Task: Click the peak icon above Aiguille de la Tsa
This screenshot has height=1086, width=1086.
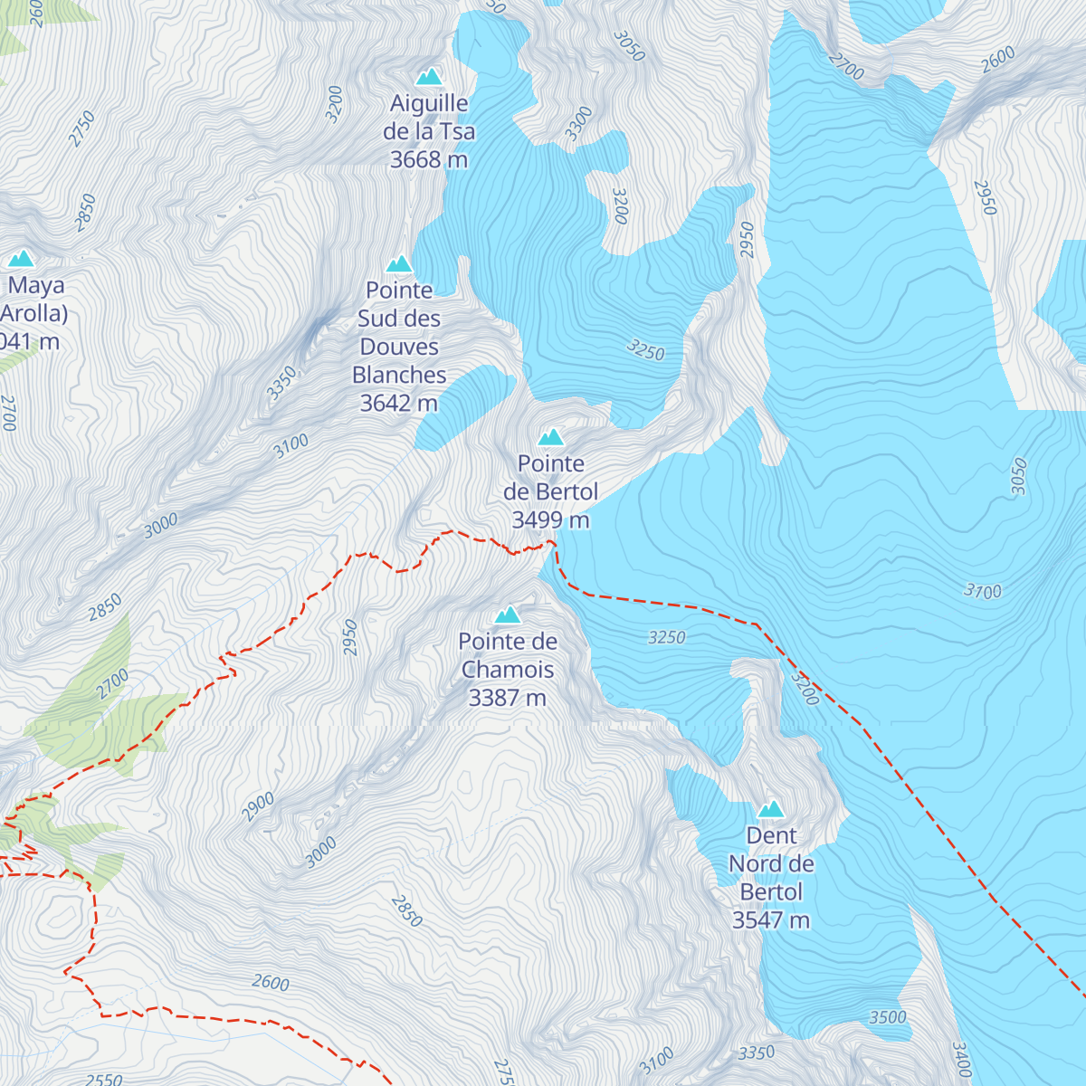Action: coord(429,77)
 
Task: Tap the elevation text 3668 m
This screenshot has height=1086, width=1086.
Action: coord(429,160)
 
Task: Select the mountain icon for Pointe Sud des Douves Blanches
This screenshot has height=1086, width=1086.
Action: coord(399,264)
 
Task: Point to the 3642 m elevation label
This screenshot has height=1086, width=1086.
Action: coord(399,404)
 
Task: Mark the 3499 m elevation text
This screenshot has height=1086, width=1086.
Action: coord(550,520)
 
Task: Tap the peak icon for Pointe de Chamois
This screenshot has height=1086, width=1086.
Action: coord(508,615)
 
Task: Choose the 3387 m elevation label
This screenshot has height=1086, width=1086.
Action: coord(508,698)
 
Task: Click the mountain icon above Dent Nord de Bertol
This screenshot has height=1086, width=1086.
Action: coord(771,809)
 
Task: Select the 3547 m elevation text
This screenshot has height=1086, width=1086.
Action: coord(771,920)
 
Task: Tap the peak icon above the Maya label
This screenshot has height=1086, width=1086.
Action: coord(20,259)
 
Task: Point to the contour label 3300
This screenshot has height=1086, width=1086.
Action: coord(579,123)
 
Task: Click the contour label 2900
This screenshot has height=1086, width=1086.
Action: coord(258,806)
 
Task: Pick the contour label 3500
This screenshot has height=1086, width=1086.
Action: coord(888,1017)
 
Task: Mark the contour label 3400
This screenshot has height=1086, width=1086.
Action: coord(961,1060)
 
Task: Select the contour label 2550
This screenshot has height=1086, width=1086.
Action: coord(103,1079)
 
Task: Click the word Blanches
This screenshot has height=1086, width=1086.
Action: coord(399,375)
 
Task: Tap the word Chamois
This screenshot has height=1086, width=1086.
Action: coord(508,670)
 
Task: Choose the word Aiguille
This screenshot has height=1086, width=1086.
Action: coord(429,104)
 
